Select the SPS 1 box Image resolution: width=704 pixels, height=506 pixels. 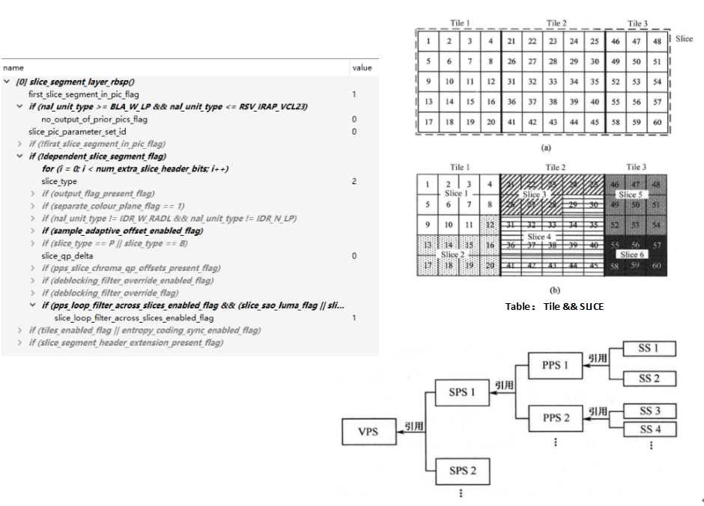(462, 392)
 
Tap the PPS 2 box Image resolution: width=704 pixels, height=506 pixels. (555, 418)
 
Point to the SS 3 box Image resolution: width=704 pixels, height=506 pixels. (649, 411)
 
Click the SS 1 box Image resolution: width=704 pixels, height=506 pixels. (649, 348)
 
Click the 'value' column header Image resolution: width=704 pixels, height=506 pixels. (361, 68)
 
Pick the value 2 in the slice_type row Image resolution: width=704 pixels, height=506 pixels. (354, 181)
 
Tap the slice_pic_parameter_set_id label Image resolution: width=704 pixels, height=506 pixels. (77, 131)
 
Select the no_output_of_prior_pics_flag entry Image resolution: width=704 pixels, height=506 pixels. (94, 119)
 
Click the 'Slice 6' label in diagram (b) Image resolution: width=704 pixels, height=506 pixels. (631, 254)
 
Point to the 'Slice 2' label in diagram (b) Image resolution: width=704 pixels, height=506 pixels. (451, 254)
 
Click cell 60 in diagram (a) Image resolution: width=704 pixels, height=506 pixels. (657, 122)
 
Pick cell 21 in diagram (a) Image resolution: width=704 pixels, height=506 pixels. (511, 40)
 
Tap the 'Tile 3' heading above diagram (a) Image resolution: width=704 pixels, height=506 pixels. (637, 24)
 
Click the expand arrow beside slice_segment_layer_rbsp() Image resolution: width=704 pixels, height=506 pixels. (7, 82)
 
